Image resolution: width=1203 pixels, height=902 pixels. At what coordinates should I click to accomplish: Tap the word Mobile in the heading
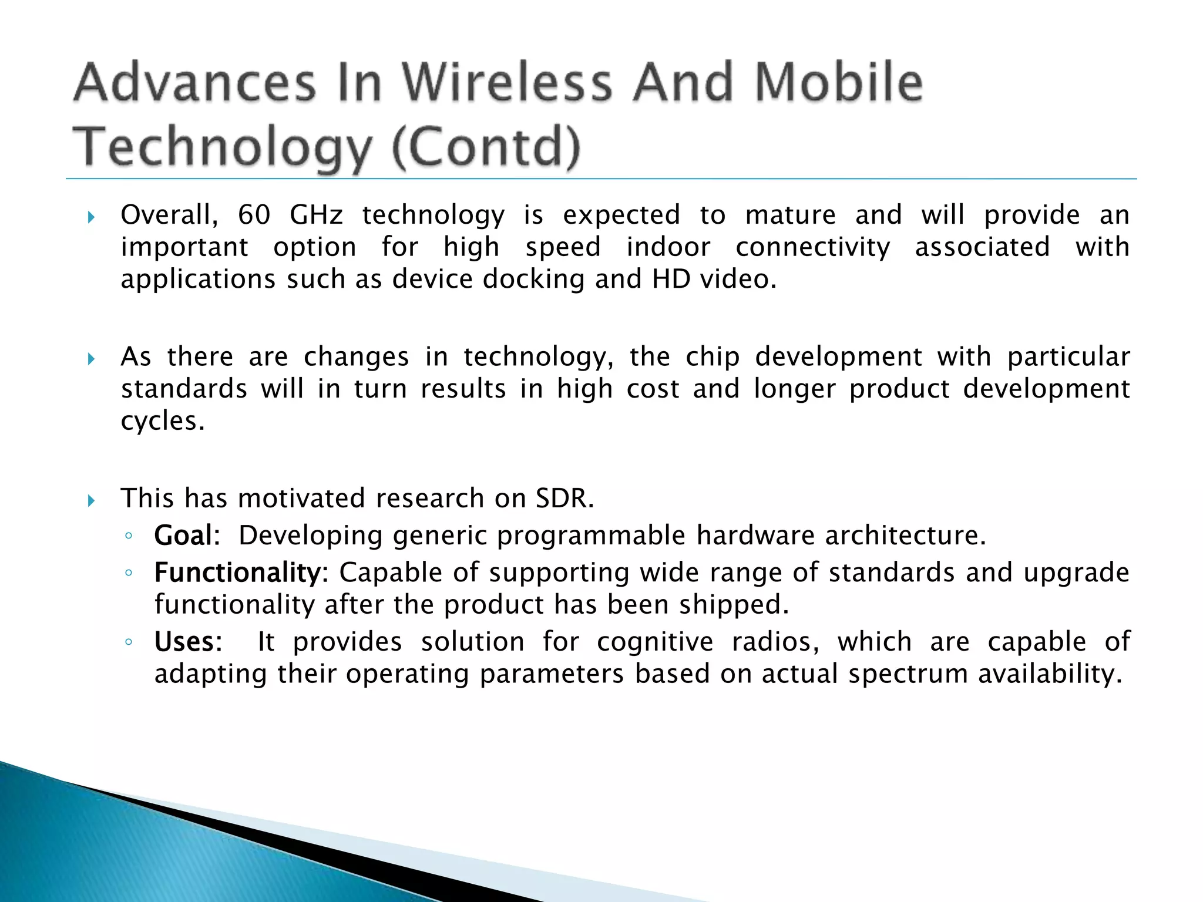[838, 82]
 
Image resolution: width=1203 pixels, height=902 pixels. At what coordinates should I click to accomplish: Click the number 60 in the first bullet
[254, 215]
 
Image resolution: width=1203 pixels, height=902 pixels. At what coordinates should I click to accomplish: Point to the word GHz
[316, 215]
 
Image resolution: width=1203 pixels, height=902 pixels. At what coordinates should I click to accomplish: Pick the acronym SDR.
[564, 499]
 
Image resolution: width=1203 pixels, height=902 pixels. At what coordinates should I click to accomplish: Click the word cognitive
[655, 642]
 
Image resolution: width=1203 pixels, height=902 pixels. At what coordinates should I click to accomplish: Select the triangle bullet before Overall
[91, 218]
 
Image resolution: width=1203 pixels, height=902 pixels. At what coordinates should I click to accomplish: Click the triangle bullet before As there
[91, 359]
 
